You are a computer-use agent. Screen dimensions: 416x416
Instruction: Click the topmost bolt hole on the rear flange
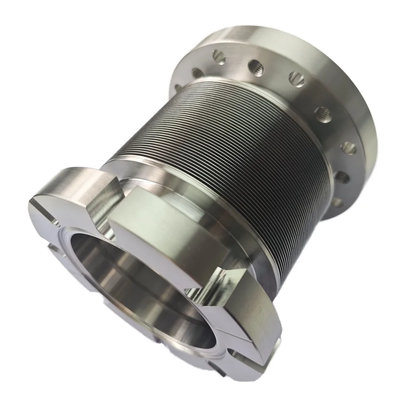point(219,56)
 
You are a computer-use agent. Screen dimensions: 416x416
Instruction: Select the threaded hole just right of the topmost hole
point(256,65)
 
